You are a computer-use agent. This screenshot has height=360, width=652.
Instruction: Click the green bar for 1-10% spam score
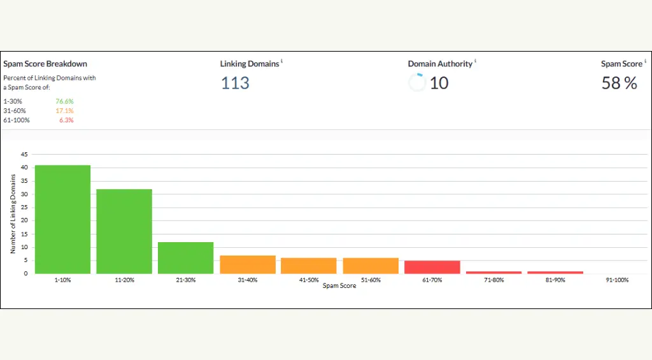62,219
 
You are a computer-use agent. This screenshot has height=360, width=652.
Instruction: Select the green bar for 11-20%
124,231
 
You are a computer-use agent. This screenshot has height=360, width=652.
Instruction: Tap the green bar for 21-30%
185,257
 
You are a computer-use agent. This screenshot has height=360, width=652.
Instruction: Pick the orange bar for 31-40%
248,264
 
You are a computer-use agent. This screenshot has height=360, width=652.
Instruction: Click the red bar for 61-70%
432,267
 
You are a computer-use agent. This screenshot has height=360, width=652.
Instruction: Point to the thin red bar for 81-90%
555,273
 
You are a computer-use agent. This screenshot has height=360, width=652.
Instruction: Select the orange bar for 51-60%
371,266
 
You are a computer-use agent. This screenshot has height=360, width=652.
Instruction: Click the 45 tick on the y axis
24,154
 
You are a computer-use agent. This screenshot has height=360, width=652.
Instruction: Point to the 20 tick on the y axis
24,220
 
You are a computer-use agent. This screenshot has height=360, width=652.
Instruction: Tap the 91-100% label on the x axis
617,280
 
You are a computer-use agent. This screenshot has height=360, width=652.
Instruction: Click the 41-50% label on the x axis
309,280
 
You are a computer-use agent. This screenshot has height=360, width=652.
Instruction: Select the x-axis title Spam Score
339,286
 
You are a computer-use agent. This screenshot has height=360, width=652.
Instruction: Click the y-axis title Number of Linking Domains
13,214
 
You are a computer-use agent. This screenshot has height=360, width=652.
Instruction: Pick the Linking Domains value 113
235,83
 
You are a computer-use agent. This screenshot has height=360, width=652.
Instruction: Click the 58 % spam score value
619,83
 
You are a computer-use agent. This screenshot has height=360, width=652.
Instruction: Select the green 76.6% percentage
64,101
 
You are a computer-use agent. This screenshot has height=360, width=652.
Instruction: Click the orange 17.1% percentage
64,111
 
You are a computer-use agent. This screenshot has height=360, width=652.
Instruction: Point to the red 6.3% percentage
66,120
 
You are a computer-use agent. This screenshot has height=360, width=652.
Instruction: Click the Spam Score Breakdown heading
45,64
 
